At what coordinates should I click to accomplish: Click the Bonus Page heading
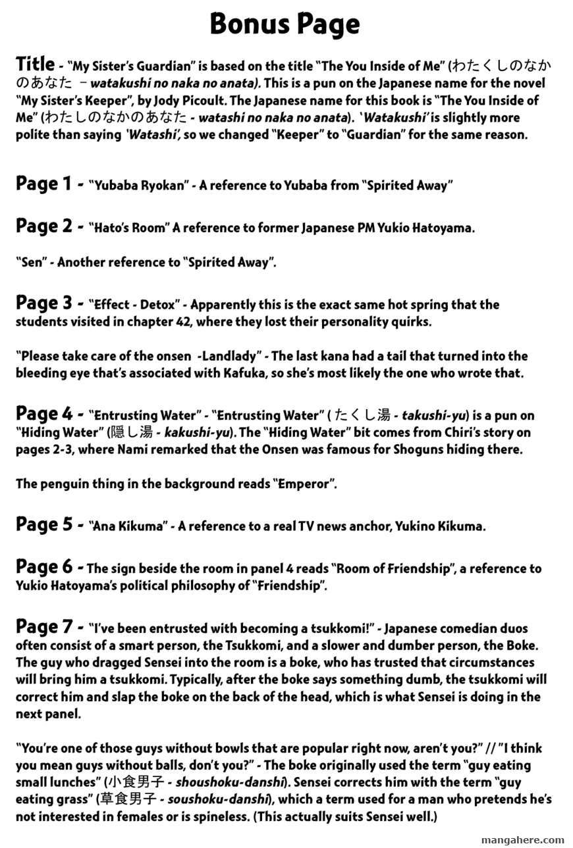pyautogui.click(x=285, y=25)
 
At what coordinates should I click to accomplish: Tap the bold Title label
pyautogui.click(x=35, y=64)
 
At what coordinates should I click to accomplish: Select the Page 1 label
pyautogui.click(x=45, y=184)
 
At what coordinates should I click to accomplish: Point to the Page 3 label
pyautogui.click(x=45, y=303)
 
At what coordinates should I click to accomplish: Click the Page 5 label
pyautogui.click(x=45, y=525)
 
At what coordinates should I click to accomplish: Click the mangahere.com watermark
pyautogui.click(x=523, y=840)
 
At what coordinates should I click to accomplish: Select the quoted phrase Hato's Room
pyautogui.click(x=130, y=228)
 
